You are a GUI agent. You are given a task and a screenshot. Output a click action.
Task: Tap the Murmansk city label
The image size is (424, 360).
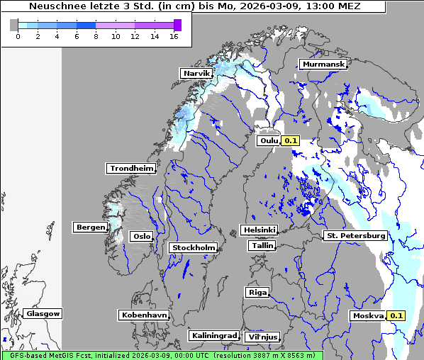[x=323, y=64]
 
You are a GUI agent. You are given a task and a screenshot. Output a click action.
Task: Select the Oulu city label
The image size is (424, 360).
[x=269, y=140]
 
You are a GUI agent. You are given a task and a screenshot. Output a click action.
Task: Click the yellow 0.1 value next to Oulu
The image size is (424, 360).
[x=291, y=140]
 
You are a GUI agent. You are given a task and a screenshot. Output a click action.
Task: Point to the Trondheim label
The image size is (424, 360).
[x=131, y=169]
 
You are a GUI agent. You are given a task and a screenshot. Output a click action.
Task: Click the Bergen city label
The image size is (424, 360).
[x=89, y=227]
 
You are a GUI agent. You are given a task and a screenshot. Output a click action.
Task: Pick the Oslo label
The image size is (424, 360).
[x=142, y=236]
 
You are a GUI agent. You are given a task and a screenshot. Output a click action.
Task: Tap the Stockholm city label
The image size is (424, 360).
[x=193, y=247]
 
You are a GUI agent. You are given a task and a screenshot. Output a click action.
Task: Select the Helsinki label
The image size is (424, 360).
[x=259, y=230]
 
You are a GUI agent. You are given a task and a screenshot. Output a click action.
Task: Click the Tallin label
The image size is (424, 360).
[x=262, y=245]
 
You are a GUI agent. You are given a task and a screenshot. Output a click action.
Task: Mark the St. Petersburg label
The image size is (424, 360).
[x=355, y=235]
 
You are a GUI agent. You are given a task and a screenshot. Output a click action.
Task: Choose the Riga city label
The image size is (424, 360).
[x=257, y=292]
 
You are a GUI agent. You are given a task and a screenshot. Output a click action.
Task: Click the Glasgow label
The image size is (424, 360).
[x=43, y=313]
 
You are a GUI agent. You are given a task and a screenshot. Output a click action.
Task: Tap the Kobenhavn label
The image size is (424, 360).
[x=144, y=314]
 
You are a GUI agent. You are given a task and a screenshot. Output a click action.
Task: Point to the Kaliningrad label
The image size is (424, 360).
[x=213, y=335]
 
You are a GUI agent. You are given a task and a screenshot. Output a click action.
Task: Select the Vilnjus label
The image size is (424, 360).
[x=262, y=337]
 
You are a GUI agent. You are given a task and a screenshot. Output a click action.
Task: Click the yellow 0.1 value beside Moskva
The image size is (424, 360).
[x=396, y=316]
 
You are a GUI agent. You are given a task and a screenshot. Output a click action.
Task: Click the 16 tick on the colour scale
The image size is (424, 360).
[x=174, y=36]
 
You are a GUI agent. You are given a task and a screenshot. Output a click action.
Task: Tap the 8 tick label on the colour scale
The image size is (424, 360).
[x=96, y=36]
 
